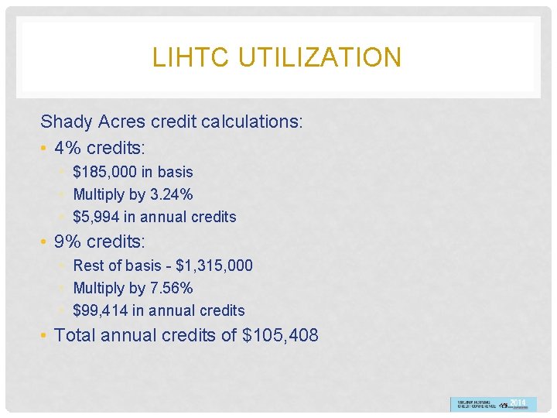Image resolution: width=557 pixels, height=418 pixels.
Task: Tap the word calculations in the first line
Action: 251,122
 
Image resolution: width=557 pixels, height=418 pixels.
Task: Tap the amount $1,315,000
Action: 214,266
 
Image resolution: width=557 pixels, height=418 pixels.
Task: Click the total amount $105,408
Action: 280,335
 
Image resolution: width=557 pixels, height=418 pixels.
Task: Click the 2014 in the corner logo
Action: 518,403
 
